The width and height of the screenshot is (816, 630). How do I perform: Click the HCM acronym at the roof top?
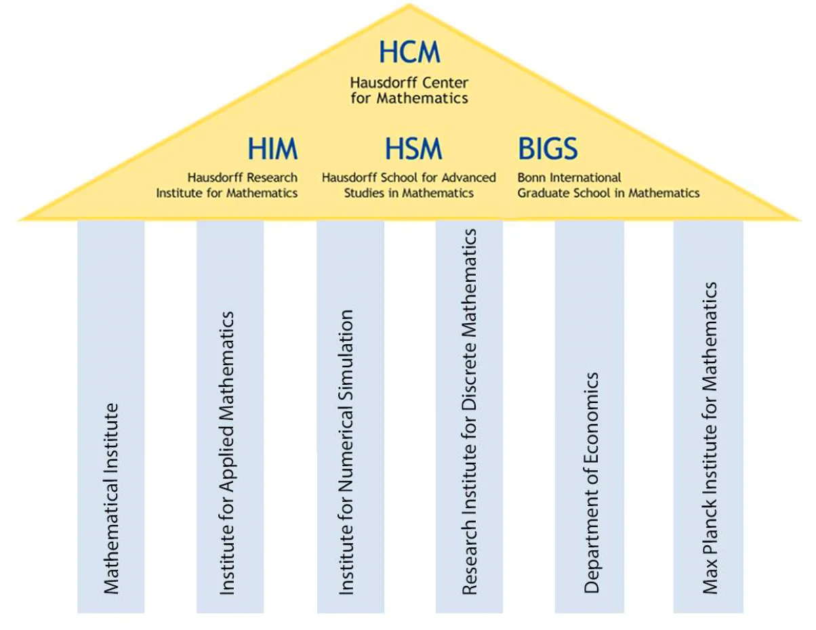pyautogui.click(x=409, y=53)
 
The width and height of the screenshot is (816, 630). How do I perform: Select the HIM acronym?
pyautogui.click(x=272, y=149)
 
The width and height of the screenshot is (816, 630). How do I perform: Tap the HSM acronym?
pyautogui.click(x=413, y=149)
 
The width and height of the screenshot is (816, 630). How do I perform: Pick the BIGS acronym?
pyautogui.click(x=548, y=149)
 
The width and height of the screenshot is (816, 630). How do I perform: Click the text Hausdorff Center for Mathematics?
pyautogui.click(x=409, y=91)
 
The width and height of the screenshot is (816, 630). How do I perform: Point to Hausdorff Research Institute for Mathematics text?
pyautogui.click(x=228, y=185)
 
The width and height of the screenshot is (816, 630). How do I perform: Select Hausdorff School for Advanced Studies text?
pyautogui.click(x=409, y=185)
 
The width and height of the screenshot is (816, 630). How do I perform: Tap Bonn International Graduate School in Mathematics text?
pyautogui.click(x=608, y=185)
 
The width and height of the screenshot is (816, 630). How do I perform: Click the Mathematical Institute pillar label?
pyautogui.click(x=110, y=498)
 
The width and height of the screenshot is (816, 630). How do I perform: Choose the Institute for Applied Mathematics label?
pyautogui.click(x=228, y=453)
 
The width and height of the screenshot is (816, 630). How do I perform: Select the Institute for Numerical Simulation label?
pyautogui.click(x=346, y=453)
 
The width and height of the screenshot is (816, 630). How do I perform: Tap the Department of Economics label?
pyautogui.click(x=592, y=482)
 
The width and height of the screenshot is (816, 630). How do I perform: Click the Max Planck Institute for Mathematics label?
pyautogui.click(x=709, y=438)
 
